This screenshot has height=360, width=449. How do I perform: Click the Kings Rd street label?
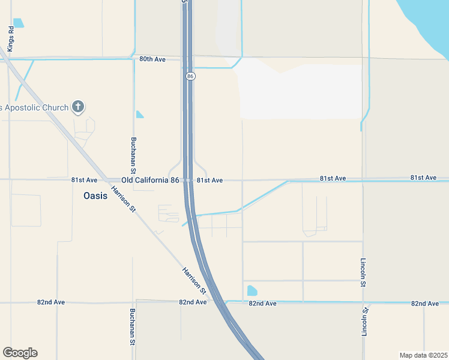(x=11, y=38)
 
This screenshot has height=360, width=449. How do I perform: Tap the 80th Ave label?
(x=152, y=59)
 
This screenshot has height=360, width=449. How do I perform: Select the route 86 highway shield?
(x=190, y=76)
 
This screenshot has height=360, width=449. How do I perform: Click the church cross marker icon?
(x=77, y=107)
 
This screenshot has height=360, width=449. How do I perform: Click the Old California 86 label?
(x=150, y=180)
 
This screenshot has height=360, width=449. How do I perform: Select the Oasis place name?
(x=95, y=196)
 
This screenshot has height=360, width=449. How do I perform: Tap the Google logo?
(x=20, y=353)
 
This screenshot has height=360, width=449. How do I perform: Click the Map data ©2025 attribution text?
(x=423, y=355)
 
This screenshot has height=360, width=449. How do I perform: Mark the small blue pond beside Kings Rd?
(x=18, y=23)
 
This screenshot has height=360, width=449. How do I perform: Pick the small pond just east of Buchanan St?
(x=139, y=114)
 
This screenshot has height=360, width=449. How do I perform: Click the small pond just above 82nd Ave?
(x=252, y=291)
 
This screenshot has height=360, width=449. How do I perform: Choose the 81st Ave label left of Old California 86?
(x=84, y=180)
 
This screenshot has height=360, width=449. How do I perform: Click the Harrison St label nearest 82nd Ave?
(x=194, y=280)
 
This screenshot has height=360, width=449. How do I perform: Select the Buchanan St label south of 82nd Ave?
(x=133, y=327)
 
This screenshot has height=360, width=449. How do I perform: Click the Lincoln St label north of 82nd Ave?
(x=363, y=273)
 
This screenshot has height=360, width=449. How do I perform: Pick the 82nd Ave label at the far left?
(x=51, y=302)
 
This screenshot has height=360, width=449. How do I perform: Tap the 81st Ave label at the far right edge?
(x=424, y=178)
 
